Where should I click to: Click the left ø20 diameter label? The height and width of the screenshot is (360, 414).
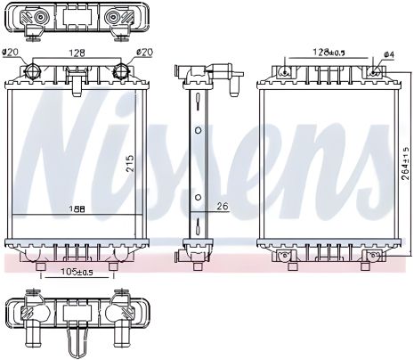click(x=13, y=52)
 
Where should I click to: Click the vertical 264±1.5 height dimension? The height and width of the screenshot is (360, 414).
click(x=405, y=162)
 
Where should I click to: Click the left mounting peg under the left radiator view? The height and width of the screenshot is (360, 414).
click(x=40, y=265)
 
